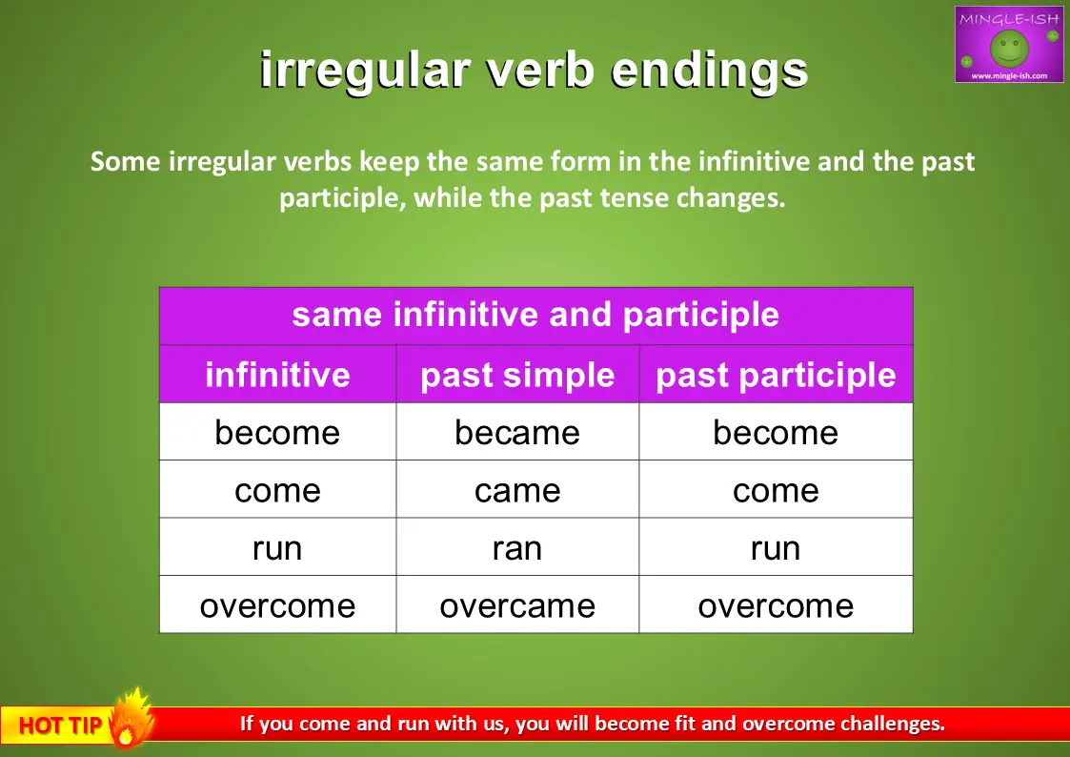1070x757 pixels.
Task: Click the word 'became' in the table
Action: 517,432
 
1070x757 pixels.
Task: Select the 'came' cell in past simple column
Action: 517,490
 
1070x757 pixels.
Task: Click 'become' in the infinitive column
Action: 277,432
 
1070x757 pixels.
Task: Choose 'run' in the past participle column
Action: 776,548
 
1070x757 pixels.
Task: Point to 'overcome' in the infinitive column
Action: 277,606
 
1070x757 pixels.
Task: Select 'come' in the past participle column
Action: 776,490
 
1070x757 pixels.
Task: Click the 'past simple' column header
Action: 517,376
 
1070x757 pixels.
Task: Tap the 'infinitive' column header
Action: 277,374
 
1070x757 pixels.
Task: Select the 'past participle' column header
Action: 776,376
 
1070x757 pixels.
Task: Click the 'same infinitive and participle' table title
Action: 535,316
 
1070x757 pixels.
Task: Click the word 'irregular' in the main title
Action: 365,71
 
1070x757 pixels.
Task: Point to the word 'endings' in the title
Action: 709,71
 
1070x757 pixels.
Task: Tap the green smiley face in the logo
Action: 1009,47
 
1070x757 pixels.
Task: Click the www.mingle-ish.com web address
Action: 1009,75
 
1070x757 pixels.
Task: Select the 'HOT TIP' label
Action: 60,725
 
